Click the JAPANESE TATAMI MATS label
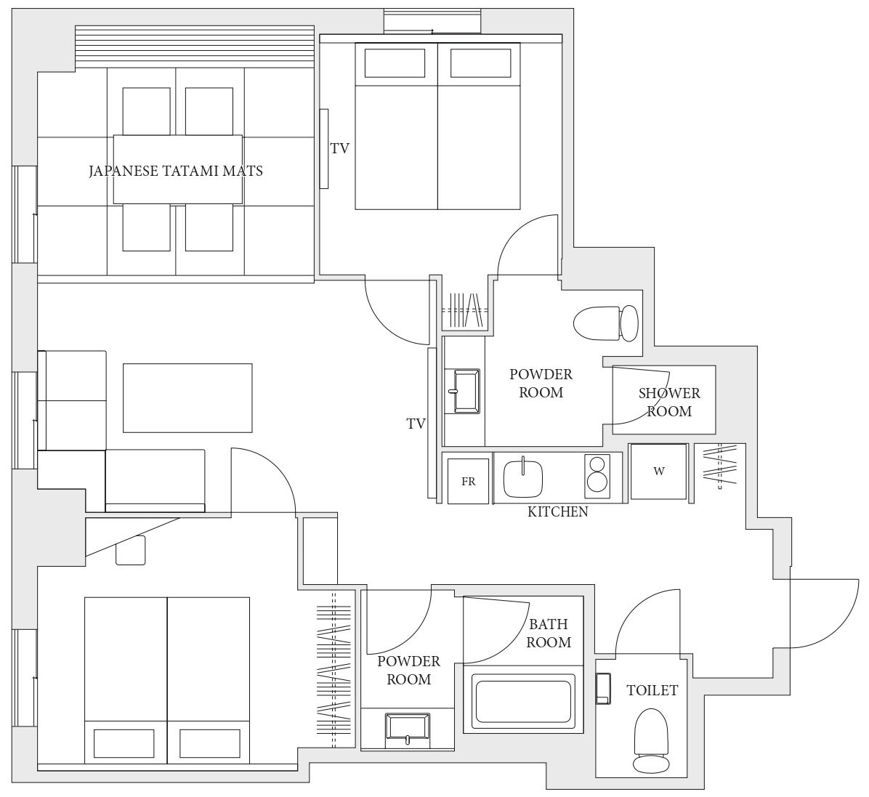point(176,171)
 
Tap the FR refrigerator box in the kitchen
point(469,481)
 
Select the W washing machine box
point(659,471)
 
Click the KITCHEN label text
point(557,511)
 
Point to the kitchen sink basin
point(522,477)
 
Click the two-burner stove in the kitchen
point(597,475)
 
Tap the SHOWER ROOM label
point(669,402)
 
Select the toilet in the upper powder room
point(606,324)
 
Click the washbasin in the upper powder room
point(466,392)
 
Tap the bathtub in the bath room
point(522,702)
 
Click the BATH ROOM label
point(549,633)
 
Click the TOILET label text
point(652,691)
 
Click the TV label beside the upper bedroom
point(340,148)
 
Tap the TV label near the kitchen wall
point(416,424)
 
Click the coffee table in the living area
point(187,398)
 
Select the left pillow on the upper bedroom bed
point(395,63)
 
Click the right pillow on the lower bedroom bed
point(210,744)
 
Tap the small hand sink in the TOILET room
point(603,688)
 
